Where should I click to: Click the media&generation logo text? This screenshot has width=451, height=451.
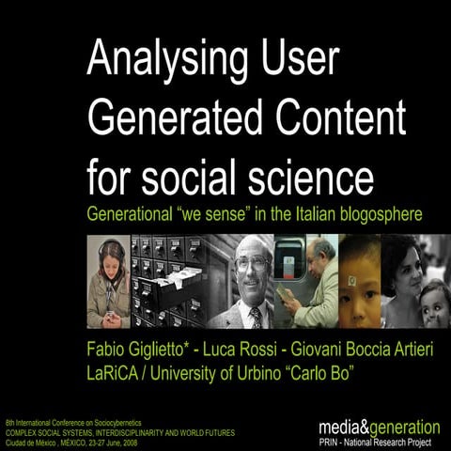(379, 427)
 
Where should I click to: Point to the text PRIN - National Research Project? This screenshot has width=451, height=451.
(379, 441)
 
